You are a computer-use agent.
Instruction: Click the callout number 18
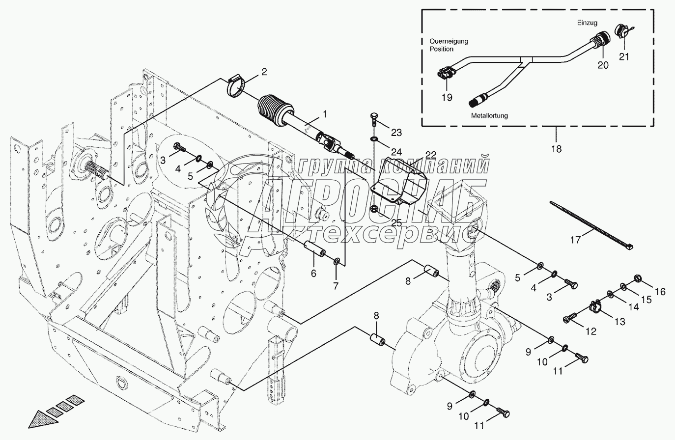click(x=557, y=149)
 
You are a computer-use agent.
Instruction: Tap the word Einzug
click(x=588, y=23)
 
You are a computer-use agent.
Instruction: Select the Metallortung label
click(x=490, y=115)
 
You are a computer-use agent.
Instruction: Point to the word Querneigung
click(x=449, y=41)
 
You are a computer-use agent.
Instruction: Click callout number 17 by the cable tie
click(x=575, y=240)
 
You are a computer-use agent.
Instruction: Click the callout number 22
click(x=431, y=155)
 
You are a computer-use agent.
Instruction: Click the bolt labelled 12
click(x=570, y=317)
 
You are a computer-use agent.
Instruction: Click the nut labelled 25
click(x=374, y=208)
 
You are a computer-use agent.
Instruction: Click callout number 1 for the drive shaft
click(x=325, y=114)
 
